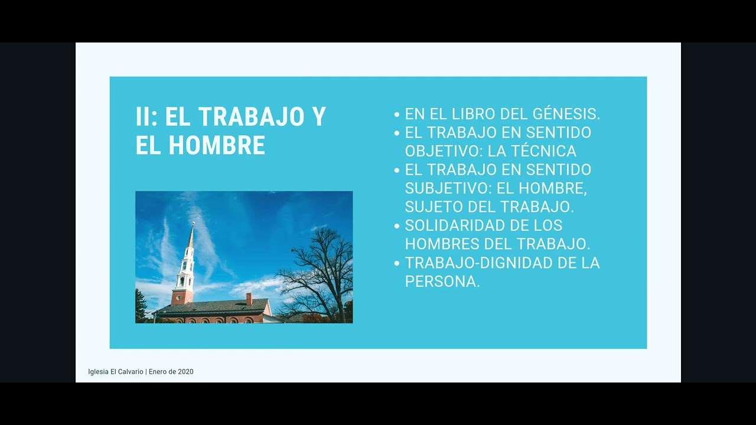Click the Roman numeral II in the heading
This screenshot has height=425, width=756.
click(144, 117)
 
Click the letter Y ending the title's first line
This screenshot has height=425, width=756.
click(319, 117)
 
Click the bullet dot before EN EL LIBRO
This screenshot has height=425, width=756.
click(397, 115)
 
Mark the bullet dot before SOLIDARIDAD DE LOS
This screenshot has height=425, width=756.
click(397, 226)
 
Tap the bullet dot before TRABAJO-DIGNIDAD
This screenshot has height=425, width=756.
click(397, 263)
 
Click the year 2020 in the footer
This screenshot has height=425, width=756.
click(185, 372)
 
